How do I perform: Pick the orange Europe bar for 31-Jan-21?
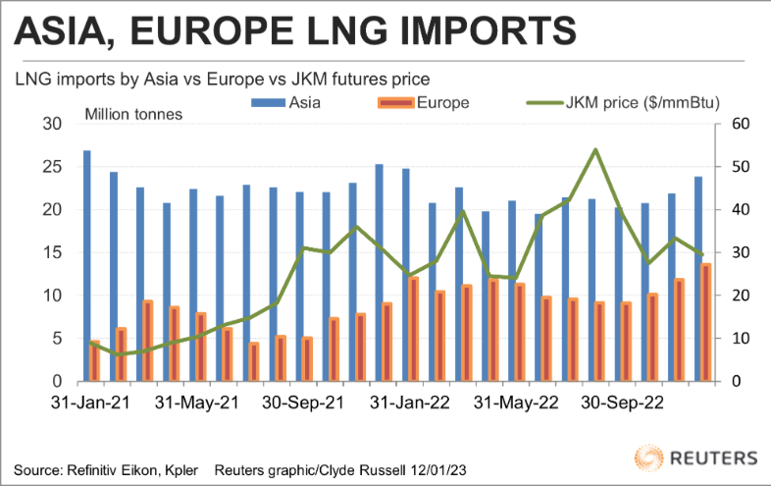pos(95,360)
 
